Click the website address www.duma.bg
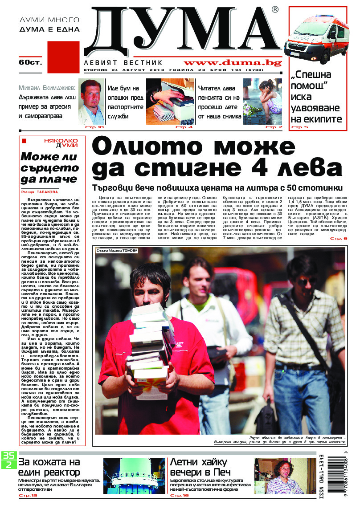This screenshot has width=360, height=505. pyautogui.click(x=232, y=63)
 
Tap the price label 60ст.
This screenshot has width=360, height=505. pyautogui.click(x=30, y=62)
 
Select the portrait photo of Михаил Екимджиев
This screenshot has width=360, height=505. pyautogui.click(x=91, y=102)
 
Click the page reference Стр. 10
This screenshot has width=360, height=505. pyautogui.click(x=94, y=127)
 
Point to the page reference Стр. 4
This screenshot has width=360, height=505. pyautogui.click(x=184, y=127)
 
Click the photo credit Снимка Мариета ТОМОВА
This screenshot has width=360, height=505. pyautogui.click(x=117, y=251)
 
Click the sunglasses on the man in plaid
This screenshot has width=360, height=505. pyautogui.click(x=306, y=282)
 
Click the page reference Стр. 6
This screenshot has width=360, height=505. pyautogui.click(x=338, y=239)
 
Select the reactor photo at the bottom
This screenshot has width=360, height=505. pyautogui.click(x=134, y=475)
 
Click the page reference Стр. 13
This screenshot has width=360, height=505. pyautogui.click(x=28, y=495)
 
